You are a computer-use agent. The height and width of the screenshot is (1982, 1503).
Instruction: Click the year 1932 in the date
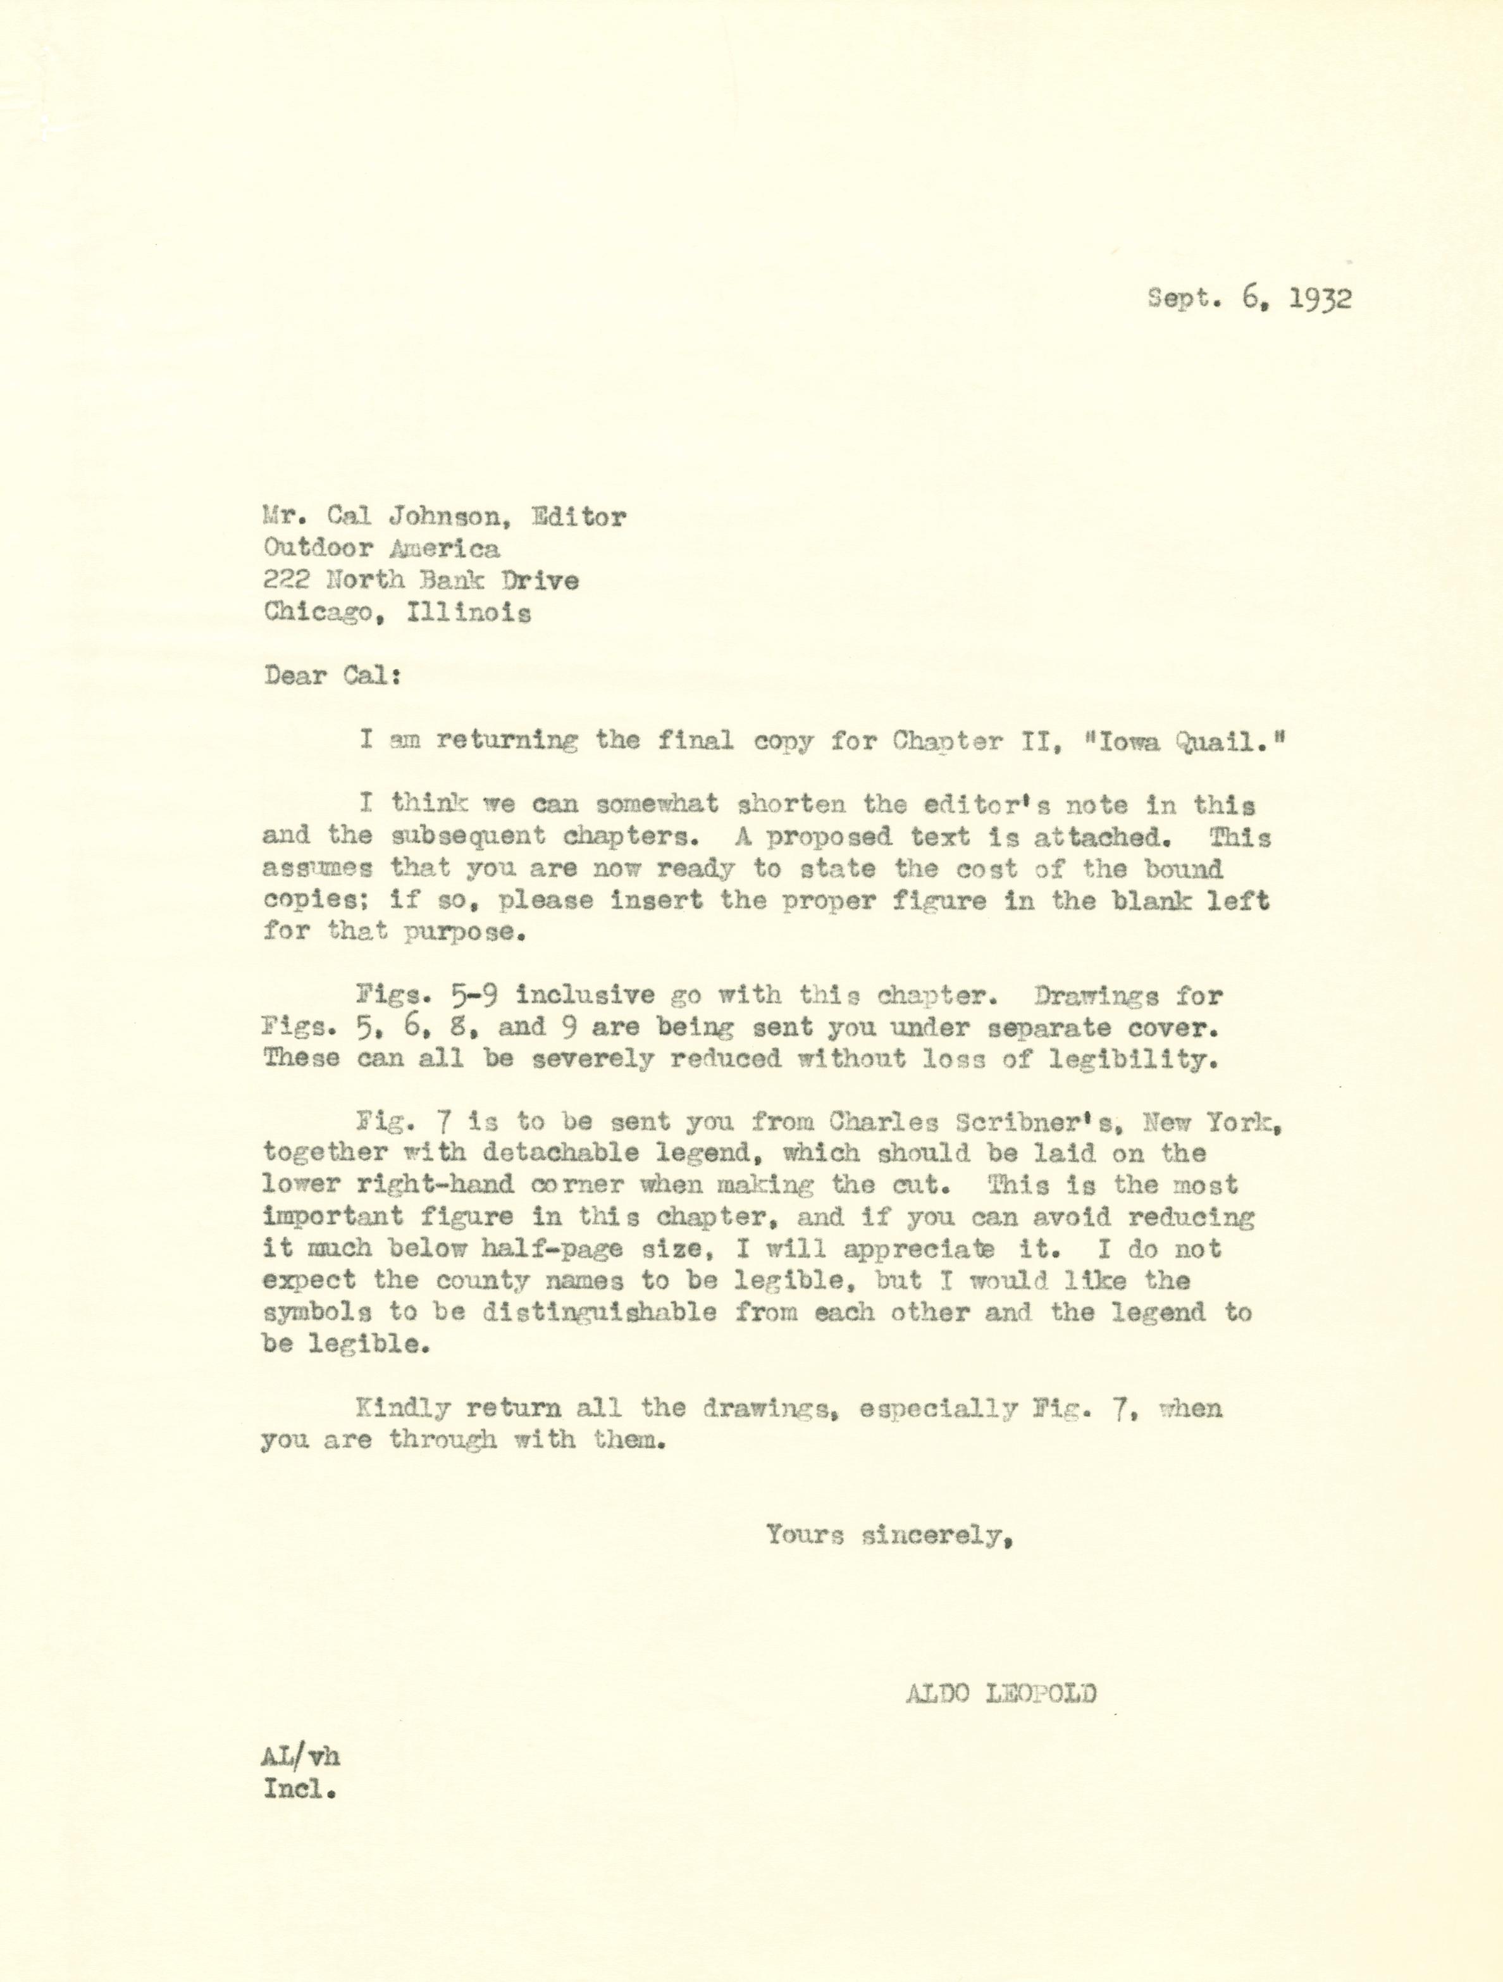1320,298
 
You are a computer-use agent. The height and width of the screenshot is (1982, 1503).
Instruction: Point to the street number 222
286,581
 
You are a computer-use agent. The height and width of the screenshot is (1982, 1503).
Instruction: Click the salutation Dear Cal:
331,676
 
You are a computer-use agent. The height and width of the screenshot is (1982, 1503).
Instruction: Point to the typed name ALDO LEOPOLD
1001,1694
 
